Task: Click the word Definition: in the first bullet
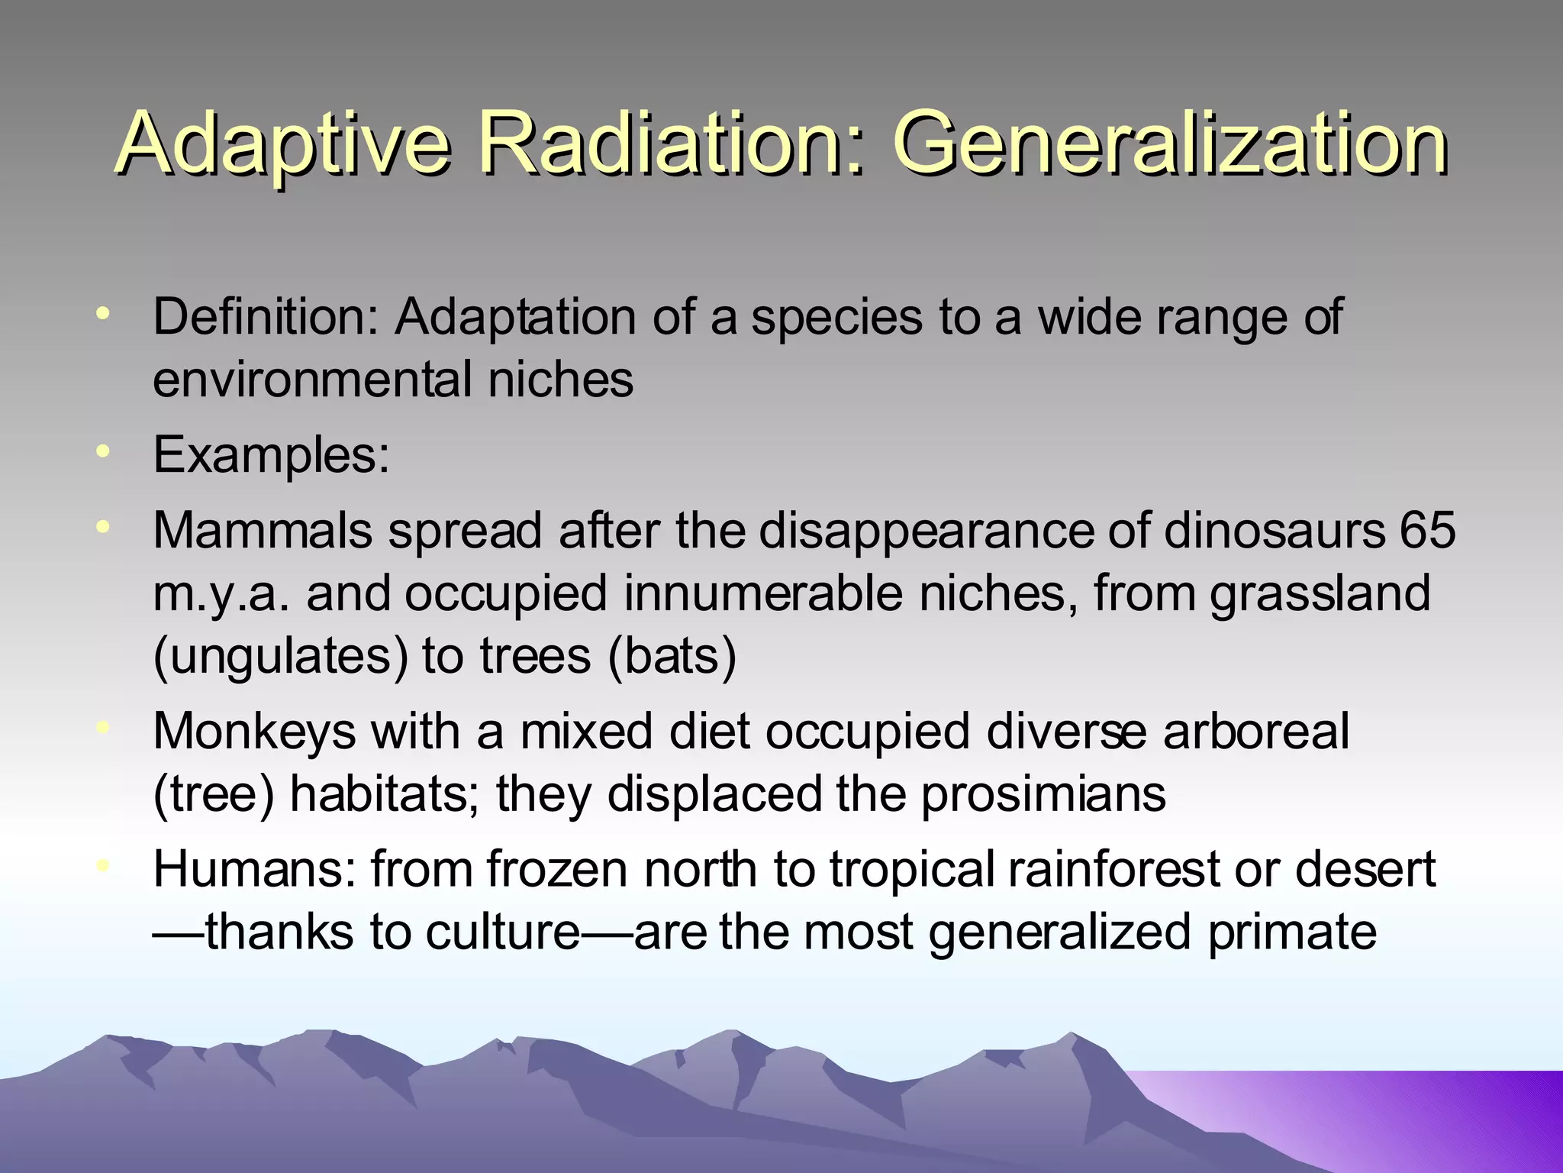point(265,317)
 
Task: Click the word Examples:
point(271,456)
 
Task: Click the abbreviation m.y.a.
point(221,594)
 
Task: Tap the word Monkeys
point(254,732)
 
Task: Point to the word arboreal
point(1255,732)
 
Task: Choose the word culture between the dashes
point(504,932)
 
